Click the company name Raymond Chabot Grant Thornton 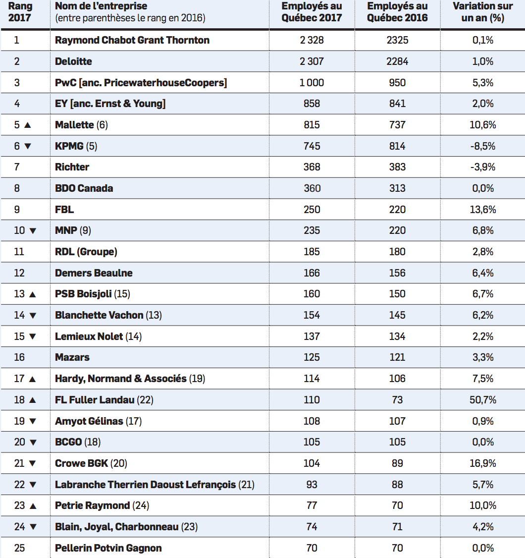(x=132, y=40)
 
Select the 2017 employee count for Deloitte (x=312, y=61)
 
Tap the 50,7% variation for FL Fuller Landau (x=483, y=399)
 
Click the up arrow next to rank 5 (x=28, y=125)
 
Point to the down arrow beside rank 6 (x=28, y=146)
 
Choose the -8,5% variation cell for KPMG (x=483, y=146)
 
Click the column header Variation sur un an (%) (x=483, y=12)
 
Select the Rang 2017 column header (x=20, y=12)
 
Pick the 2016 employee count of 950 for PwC (x=397, y=83)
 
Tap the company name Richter (x=72, y=167)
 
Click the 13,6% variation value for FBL (x=483, y=209)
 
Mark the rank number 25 (x=19, y=548)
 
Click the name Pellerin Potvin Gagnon (x=108, y=548)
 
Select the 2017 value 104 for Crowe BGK (x=312, y=463)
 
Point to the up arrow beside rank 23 (x=33, y=505)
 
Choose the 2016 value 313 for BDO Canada (x=397, y=188)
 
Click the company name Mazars (x=72, y=357)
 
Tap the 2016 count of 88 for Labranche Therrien (x=397, y=484)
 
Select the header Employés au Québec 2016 (x=397, y=12)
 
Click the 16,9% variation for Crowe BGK (x=483, y=463)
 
